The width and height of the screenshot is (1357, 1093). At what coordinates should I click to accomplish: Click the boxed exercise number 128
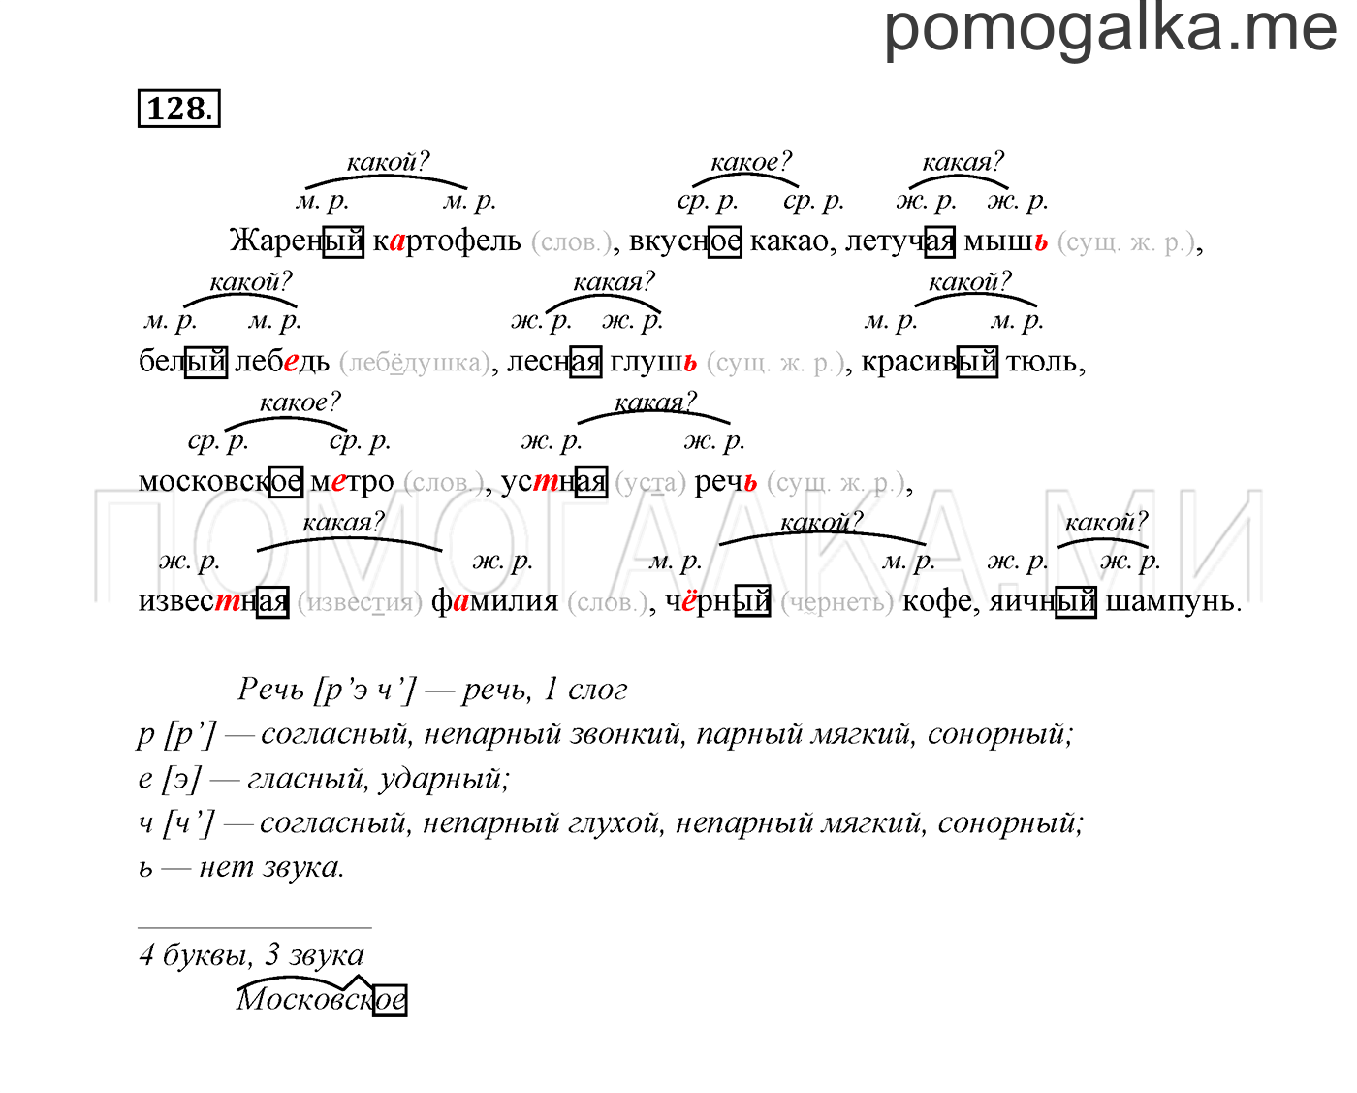click(179, 109)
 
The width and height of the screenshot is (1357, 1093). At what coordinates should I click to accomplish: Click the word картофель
click(447, 241)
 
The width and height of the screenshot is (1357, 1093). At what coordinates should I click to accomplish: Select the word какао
click(789, 241)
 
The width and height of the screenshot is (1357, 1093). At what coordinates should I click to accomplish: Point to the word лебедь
click(282, 362)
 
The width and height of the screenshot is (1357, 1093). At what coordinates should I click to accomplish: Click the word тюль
click(1041, 362)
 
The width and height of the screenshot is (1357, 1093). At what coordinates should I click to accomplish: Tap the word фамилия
click(494, 602)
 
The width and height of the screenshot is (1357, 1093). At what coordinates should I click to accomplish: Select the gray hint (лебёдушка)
click(414, 363)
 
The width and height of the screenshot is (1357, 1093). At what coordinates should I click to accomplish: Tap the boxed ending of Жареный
click(343, 242)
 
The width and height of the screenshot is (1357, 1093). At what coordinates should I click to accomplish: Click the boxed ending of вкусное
click(724, 242)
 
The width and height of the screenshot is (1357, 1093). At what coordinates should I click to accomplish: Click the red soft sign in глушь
click(690, 362)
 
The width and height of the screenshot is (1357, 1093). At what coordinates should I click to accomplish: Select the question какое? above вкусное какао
click(750, 162)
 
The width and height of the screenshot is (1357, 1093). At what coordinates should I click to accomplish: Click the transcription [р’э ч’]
click(364, 691)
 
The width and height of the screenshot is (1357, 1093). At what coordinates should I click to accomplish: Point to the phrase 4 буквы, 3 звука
click(251, 955)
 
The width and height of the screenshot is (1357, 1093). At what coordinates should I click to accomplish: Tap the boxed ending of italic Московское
click(390, 1001)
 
